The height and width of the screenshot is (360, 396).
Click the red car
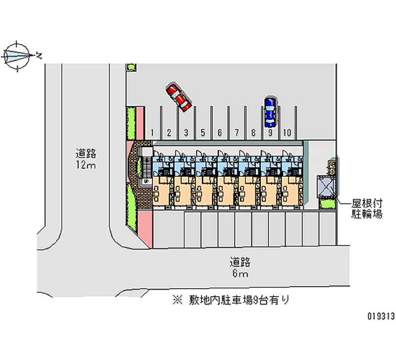tap(178, 97)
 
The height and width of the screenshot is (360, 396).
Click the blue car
tap(270, 112)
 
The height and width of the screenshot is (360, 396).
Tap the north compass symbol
tap(17, 56)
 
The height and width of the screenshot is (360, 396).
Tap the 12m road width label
tap(86, 165)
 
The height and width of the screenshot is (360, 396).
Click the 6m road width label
tap(240, 274)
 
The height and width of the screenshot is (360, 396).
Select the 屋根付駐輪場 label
tap(367, 208)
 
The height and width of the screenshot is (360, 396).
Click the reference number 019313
tap(381, 316)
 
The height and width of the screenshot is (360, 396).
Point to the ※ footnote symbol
tap(178, 300)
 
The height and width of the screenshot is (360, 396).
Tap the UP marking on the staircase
tap(146, 181)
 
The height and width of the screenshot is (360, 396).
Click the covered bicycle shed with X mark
tap(326, 187)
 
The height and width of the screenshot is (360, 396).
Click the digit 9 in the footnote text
tap(255, 300)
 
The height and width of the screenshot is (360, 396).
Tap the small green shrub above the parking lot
tap(131, 67)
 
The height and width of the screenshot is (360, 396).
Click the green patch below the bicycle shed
tap(327, 204)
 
